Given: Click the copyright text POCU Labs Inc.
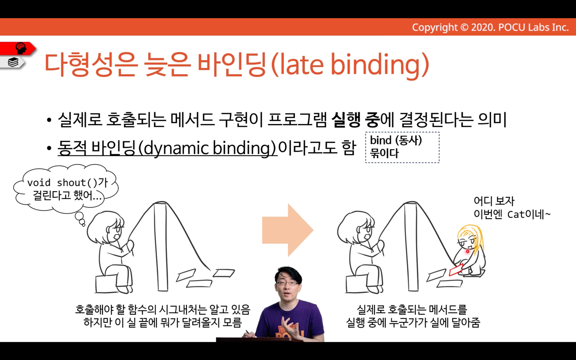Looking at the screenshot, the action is coord(533,27).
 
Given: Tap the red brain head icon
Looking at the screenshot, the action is coord(21,48).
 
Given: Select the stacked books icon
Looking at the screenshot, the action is coord(13,62).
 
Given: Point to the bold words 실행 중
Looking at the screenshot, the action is coord(355,120).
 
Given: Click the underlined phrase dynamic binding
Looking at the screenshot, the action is coord(210,148).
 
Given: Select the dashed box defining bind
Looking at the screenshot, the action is coord(402,147).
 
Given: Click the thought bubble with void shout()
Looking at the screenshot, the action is coord(66,189).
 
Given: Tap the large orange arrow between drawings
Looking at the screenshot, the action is coord(288,230).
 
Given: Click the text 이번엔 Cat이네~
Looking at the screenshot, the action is coord(512,214).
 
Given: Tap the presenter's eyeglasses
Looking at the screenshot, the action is coord(287,283).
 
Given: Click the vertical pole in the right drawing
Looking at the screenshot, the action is coord(411,247).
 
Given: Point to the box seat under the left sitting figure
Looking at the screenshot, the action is coord(106,284).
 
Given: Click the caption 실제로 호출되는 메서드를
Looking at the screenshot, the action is coord(412,310).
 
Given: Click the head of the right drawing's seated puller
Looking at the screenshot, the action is coord(357,226).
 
